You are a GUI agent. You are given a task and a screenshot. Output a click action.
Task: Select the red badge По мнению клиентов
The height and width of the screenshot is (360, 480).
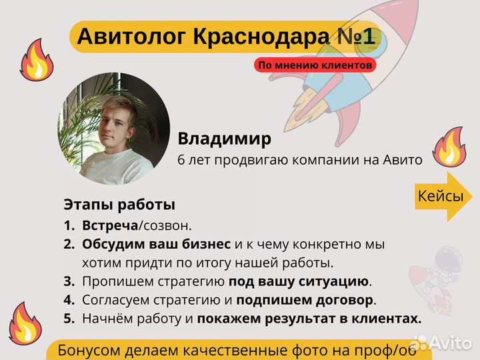coord(315,65)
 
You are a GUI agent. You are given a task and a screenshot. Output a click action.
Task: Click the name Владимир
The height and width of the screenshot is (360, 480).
coord(224,139)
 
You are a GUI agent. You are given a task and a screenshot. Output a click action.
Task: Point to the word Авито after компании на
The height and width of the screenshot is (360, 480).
coord(402,160)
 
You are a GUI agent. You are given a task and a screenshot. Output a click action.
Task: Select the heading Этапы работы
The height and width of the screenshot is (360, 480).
coord(119,204)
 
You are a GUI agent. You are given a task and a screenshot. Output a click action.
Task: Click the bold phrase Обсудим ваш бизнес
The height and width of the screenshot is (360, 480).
coord(157,244)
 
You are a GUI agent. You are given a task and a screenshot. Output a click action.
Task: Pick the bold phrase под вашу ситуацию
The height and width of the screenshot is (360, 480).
coord(299,281)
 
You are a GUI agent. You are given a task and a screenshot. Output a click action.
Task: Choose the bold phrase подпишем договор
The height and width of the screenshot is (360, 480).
coord(305,300)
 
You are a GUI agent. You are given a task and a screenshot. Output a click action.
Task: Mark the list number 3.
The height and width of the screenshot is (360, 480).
coord(69,281)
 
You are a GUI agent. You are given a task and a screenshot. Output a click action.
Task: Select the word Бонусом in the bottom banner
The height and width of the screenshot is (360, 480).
coord(88,351)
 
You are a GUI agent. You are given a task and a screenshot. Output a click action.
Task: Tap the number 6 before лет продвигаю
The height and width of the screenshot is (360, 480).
coord(181,160)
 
